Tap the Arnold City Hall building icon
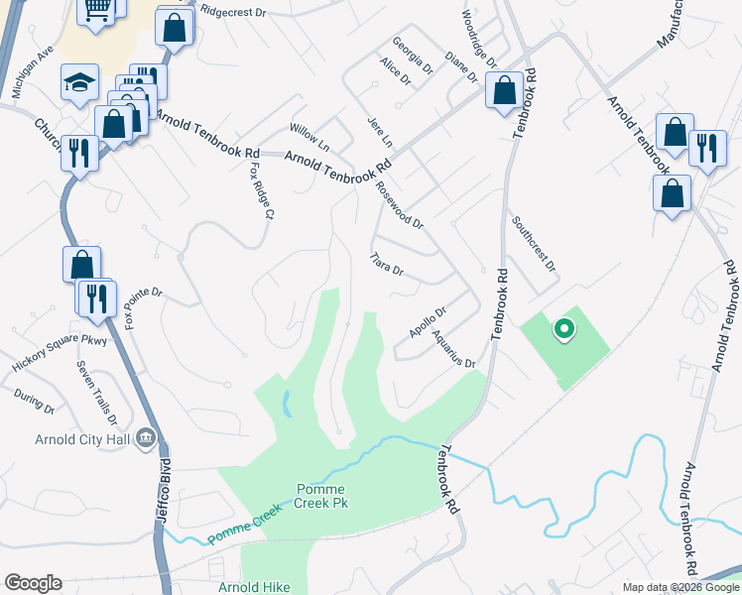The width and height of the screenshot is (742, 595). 146,436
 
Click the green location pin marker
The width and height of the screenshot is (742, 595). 563,328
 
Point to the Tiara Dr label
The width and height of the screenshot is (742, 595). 386,264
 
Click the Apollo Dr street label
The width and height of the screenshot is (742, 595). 430,318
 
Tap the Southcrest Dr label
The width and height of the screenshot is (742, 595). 534,244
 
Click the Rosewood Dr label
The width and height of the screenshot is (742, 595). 400,207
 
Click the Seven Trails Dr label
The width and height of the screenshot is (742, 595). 96,391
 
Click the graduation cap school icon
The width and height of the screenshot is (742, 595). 79,84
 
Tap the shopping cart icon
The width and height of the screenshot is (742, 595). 97,9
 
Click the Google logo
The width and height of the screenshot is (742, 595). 33,583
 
